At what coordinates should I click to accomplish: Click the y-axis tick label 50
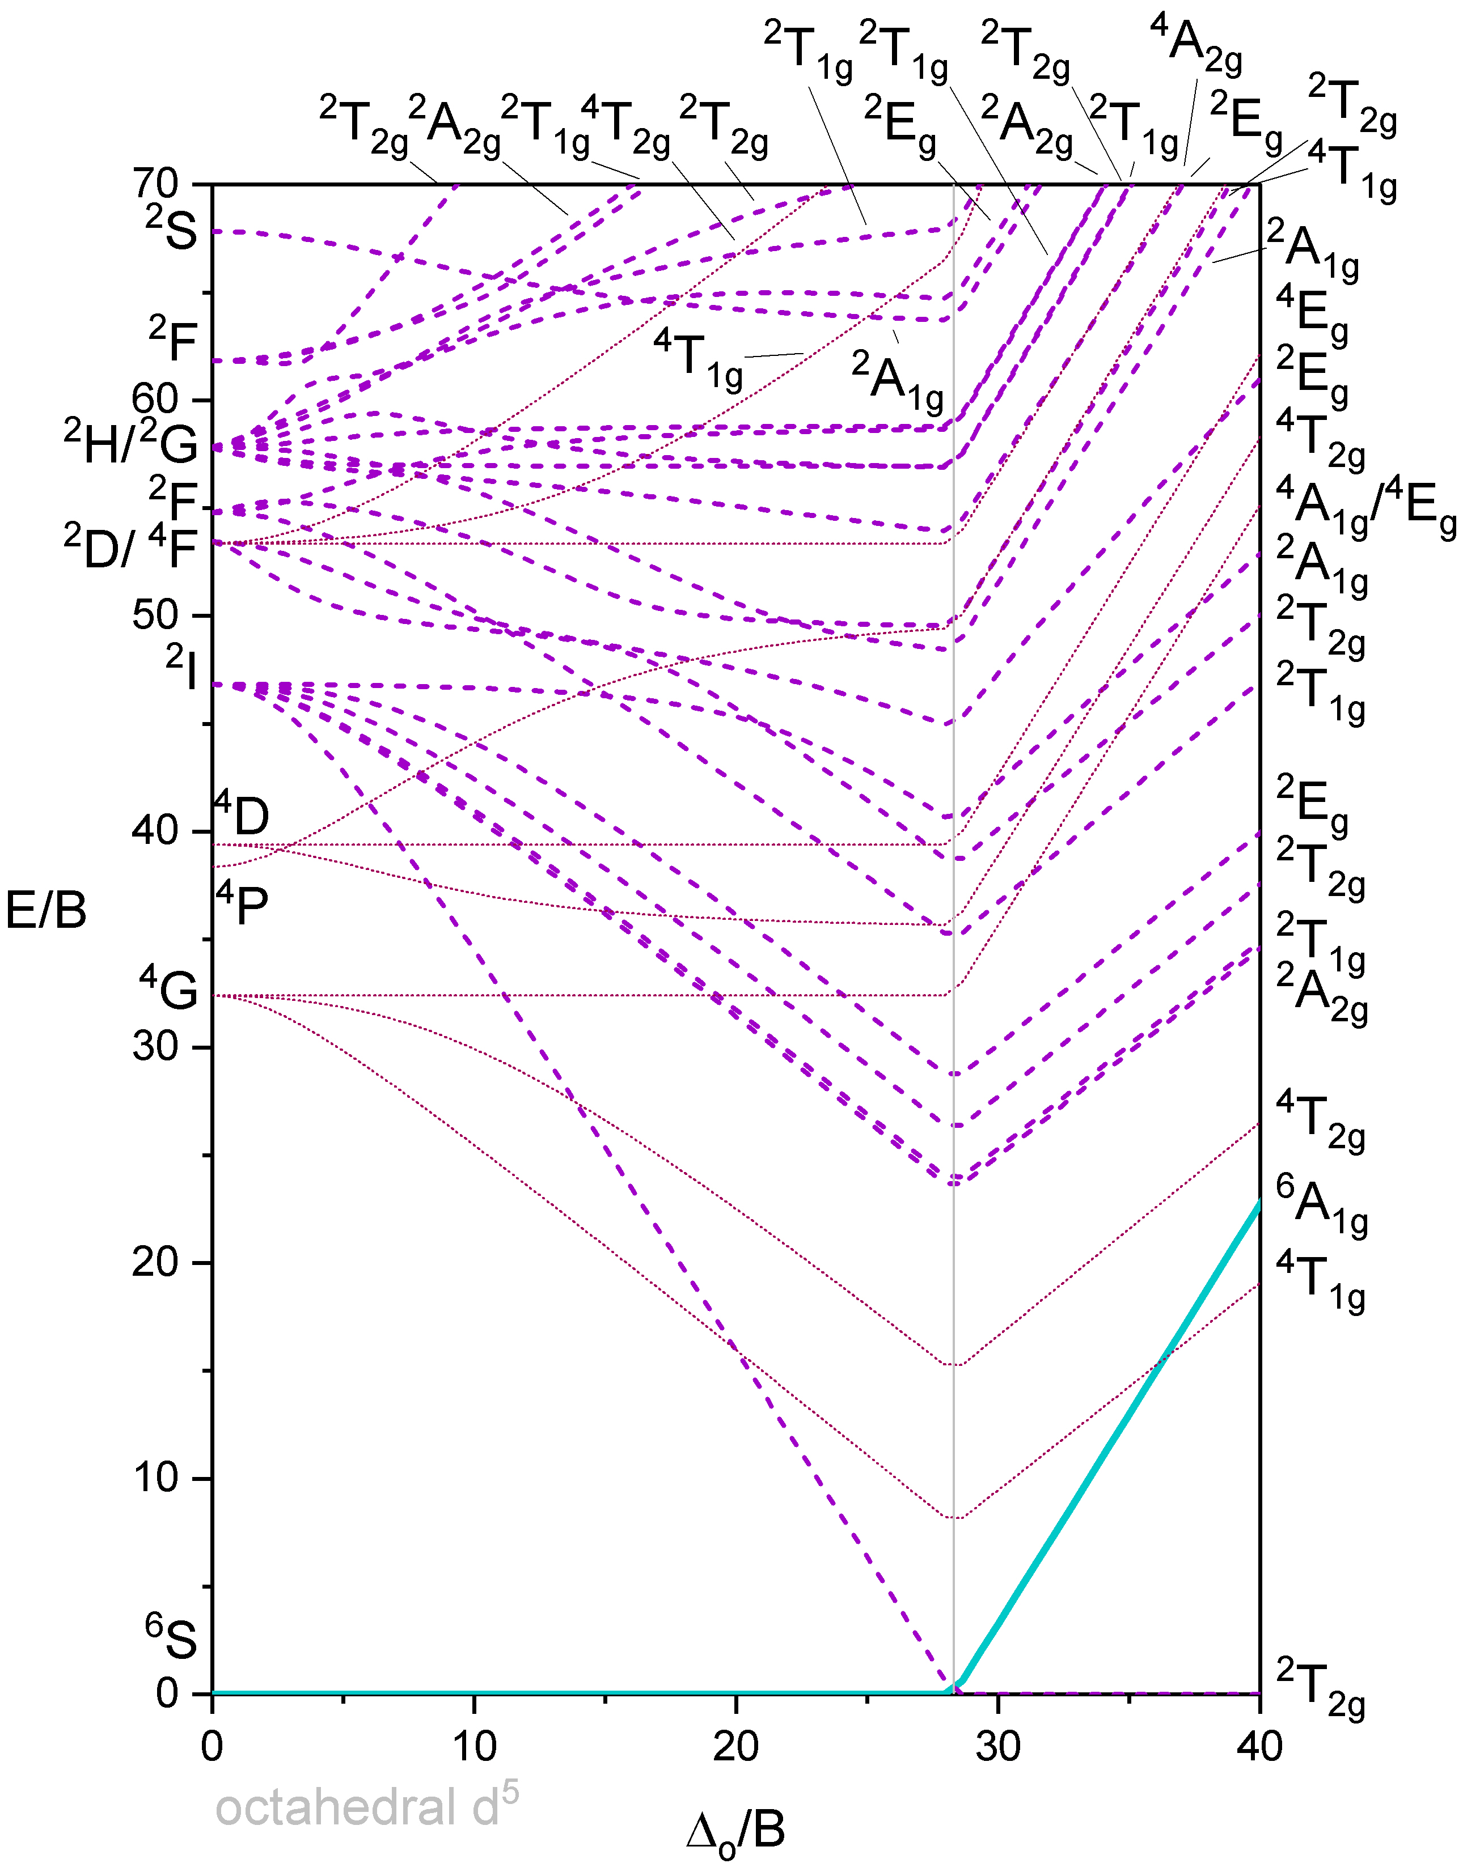coord(155,615)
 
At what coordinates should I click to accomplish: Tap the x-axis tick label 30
coord(997,1746)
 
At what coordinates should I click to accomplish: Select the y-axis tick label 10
coord(155,1478)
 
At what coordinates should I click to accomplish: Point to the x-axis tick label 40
coord(1259,1746)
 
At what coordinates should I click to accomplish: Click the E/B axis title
coord(46,910)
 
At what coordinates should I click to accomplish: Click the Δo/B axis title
coord(736,1831)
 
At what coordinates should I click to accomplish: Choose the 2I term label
coord(182,669)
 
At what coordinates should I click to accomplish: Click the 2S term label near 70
coord(171,228)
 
